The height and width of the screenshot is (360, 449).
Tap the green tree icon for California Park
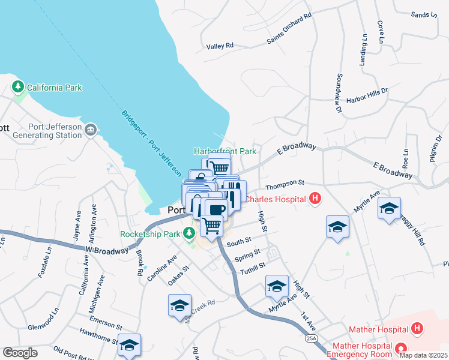(x=18, y=88)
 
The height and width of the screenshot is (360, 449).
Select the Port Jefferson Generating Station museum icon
(x=91, y=129)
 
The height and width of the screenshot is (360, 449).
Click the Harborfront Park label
(x=224, y=152)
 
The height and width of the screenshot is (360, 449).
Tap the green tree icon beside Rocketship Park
(x=190, y=234)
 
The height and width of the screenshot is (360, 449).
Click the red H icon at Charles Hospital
(x=315, y=199)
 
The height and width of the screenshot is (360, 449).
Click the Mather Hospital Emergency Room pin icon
(x=400, y=348)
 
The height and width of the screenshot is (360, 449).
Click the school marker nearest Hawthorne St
(x=129, y=345)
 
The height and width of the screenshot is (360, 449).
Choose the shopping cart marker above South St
(x=211, y=226)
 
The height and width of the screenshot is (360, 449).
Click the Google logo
(x=20, y=353)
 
